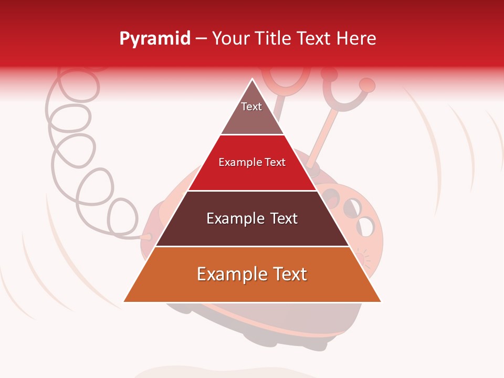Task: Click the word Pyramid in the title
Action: [x=155, y=39]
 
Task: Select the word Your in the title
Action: [x=230, y=38]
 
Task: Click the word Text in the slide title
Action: [x=314, y=38]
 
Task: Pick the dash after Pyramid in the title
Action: [x=201, y=39]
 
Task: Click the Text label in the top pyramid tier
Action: [x=251, y=107]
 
